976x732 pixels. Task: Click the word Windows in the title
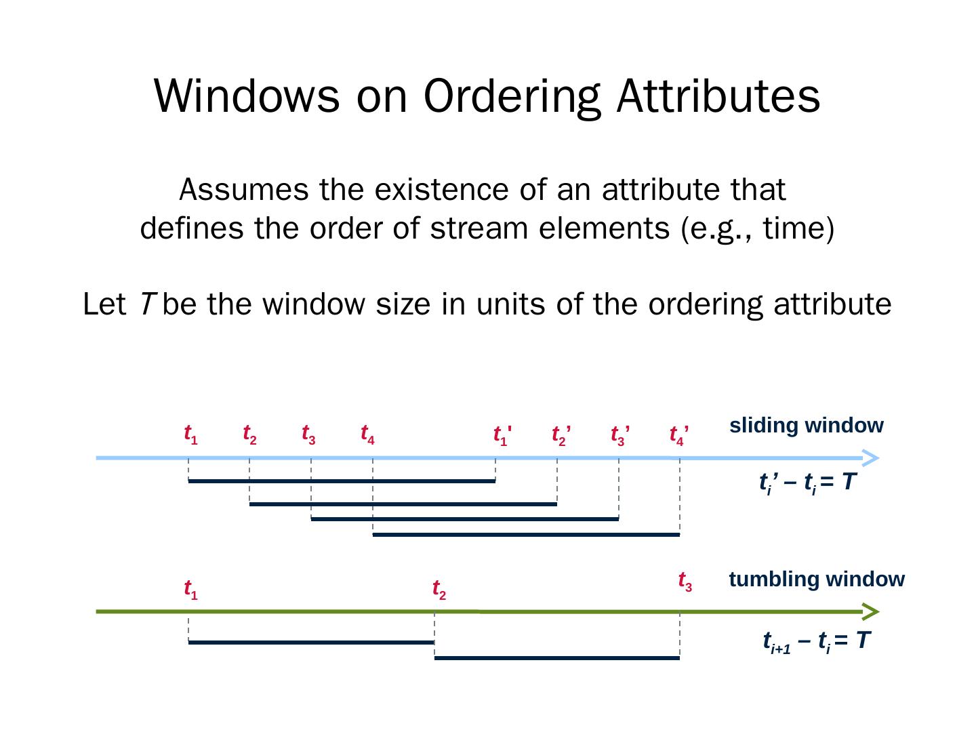tap(247, 96)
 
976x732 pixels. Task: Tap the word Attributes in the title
tap(718, 96)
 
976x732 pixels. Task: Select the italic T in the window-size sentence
tap(147, 304)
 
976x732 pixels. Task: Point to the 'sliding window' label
tap(806, 426)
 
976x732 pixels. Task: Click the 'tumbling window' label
tap(816, 579)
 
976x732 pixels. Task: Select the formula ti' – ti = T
tap(807, 483)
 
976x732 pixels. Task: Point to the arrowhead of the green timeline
tap(871, 612)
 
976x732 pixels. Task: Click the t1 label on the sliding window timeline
tap(190, 434)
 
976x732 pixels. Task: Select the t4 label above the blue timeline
tap(367, 434)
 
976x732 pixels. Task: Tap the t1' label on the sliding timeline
tap(502, 435)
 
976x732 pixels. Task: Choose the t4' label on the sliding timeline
tap(678, 435)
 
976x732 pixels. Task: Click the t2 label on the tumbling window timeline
tap(439, 589)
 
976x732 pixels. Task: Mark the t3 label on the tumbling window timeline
tap(685, 581)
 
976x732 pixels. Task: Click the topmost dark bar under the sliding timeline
tap(342, 481)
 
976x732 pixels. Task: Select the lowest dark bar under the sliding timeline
tap(526, 535)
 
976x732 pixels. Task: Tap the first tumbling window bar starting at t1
tap(311, 642)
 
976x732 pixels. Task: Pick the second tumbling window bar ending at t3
tap(556, 657)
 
